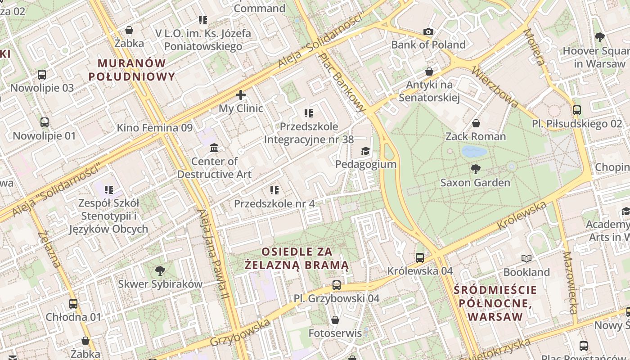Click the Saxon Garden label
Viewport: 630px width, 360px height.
click(x=475, y=182)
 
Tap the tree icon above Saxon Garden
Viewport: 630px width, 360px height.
click(x=475, y=169)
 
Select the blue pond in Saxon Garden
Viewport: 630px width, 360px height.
click(x=474, y=151)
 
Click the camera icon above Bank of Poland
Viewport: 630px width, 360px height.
click(x=428, y=31)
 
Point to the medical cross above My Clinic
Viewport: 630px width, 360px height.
click(x=241, y=95)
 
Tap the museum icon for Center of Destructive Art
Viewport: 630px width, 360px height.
click(x=214, y=148)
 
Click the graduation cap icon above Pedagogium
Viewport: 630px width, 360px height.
click(x=365, y=151)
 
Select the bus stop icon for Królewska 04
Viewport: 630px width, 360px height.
click(x=420, y=257)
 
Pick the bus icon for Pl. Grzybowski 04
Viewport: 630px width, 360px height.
click(x=337, y=285)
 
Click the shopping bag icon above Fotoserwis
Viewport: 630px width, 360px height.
click(x=335, y=320)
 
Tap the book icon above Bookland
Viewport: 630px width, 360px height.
click(x=526, y=259)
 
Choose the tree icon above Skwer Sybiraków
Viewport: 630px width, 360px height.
click(x=160, y=270)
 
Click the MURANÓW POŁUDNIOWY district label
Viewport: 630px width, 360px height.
click(x=131, y=70)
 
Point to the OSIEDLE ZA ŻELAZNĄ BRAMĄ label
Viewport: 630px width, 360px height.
click(x=297, y=258)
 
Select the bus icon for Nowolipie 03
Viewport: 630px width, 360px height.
click(x=42, y=74)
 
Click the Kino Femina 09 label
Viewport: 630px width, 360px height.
click(x=154, y=127)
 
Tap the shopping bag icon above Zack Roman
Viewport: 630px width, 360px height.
click(x=476, y=123)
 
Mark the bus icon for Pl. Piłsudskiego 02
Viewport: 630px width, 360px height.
click(x=576, y=110)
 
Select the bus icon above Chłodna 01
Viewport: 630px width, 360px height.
click(x=73, y=303)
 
